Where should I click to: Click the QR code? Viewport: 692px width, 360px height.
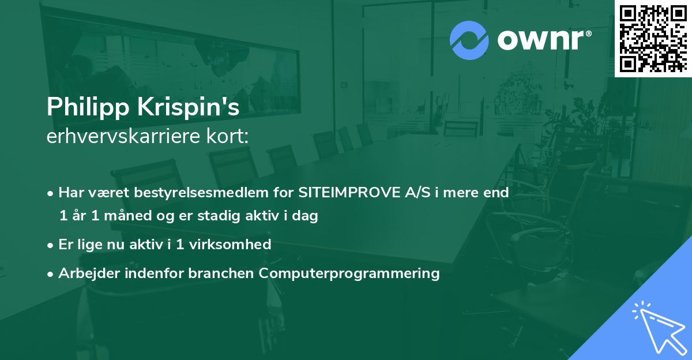(x=652, y=37)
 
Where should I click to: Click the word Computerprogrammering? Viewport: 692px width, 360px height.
(x=349, y=273)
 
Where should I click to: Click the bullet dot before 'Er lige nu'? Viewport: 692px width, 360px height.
(x=51, y=245)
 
